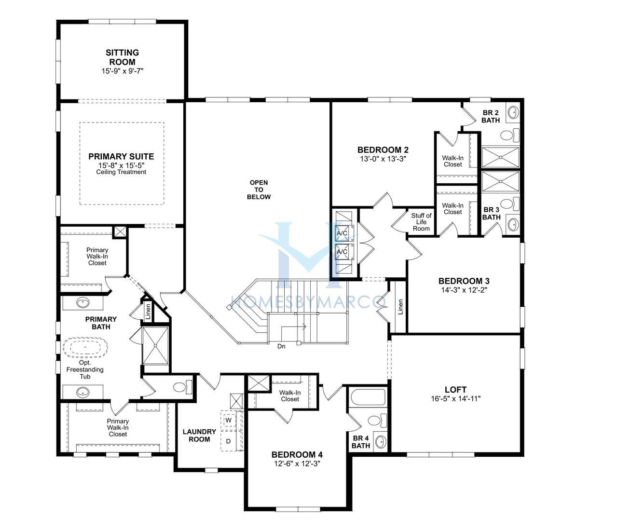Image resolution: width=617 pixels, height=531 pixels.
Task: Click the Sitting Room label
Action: [122, 57]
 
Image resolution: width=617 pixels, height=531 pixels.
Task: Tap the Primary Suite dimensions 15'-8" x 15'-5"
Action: [122, 165]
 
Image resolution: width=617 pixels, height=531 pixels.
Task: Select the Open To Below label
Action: [259, 190]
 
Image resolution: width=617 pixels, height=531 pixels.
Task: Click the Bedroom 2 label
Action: [383, 150]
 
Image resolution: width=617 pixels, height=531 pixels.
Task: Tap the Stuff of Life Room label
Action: [421, 222]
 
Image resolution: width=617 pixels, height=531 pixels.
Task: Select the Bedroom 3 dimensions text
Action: [464, 289]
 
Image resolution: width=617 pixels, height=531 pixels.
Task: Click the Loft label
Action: [455, 390]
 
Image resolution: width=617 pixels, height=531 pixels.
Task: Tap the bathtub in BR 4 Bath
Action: [368, 397]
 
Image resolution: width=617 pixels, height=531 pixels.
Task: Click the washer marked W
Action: [229, 420]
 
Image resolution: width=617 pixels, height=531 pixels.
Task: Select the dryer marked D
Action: [229, 441]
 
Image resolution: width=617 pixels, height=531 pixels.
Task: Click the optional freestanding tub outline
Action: [85, 347]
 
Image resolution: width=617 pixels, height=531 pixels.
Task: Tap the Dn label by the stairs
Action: [281, 346]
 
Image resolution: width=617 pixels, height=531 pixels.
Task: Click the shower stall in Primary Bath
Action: [155, 346]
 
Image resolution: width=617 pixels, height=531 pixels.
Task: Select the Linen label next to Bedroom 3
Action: [400, 307]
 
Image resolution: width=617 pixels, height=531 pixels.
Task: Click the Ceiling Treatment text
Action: [121, 172]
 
